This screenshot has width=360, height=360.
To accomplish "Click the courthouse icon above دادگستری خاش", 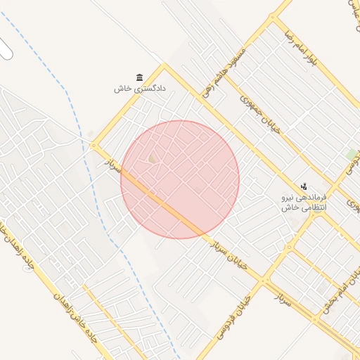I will (139, 77).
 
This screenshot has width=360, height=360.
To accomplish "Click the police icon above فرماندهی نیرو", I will (304, 186).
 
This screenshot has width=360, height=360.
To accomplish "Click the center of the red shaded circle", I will (180, 179).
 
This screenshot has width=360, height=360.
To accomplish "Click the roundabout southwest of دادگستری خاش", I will (94, 146).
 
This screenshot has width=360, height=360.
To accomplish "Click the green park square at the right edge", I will (351, 154).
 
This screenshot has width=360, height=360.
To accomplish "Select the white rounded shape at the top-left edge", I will (5, 49).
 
